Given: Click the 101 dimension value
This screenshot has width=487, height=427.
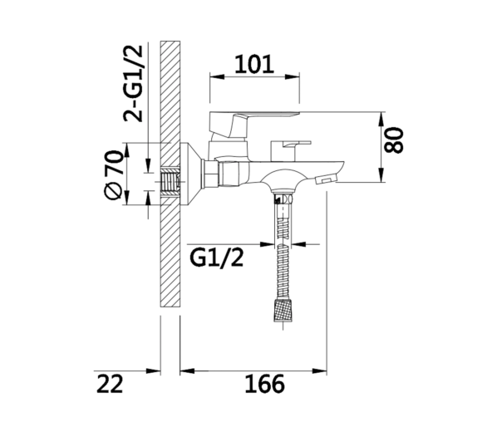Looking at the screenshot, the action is (x=254, y=65).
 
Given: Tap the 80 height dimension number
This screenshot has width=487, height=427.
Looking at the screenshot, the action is (x=394, y=140).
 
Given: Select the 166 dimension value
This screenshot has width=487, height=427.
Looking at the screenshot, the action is (x=264, y=384).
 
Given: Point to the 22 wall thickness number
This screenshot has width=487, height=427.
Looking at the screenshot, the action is (x=110, y=384).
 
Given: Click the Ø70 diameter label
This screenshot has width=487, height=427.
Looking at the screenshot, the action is (x=113, y=174).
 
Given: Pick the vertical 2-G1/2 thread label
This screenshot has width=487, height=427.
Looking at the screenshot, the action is (x=133, y=83).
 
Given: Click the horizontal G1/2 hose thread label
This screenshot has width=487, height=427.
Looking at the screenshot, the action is (x=216, y=258).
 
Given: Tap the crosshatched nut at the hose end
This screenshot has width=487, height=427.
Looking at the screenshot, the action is (x=283, y=311).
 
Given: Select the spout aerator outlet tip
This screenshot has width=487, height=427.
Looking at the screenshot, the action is (x=326, y=179).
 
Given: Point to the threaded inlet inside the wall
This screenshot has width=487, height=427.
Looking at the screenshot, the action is (x=170, y=182).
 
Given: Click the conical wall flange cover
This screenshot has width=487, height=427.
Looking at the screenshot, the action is (x=190, y=174).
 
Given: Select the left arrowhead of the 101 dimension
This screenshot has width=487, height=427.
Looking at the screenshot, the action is (x=217, y=76).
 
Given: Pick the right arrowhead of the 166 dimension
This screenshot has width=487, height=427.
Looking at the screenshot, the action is (x=320, y=371).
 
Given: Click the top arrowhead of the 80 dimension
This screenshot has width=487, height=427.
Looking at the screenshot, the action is (x=381, y=119).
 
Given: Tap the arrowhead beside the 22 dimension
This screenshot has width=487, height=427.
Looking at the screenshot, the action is (x=154, y=371).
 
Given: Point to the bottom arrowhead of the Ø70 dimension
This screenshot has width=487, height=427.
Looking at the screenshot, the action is (x=126, y=198).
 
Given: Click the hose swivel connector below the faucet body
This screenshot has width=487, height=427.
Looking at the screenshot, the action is (x=283, y=198).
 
